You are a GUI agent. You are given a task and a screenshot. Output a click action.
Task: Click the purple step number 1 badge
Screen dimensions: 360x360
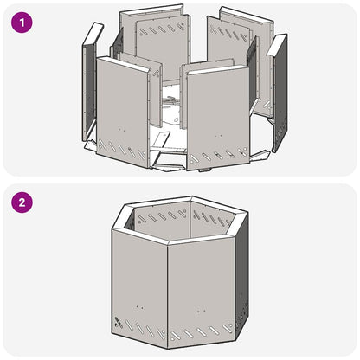pos(22,22)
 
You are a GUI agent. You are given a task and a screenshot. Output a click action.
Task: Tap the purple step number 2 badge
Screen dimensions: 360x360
pos(22,204)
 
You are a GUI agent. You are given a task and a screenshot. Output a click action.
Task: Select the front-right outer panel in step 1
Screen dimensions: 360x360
pos(215,108)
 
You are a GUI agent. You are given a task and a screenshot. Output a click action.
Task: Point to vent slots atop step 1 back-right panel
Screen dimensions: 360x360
pos(232,34)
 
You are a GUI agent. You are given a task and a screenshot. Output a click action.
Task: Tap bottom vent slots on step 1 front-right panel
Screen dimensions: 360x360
pos(219,156)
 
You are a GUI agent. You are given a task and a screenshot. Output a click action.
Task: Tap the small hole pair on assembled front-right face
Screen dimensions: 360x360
pos(201,309)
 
